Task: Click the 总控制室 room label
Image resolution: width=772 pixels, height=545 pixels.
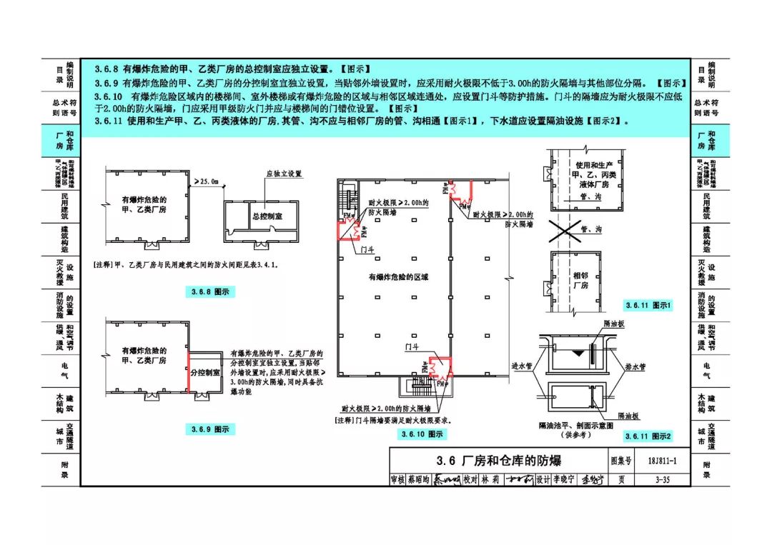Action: click(268, 216)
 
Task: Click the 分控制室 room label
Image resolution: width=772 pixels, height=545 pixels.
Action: click(205, 373)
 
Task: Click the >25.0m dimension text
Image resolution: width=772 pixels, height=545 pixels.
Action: click(207, 182)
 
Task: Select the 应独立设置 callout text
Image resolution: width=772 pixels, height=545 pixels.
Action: click(284, 174)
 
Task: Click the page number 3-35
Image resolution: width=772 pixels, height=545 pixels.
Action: click(660, 479)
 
